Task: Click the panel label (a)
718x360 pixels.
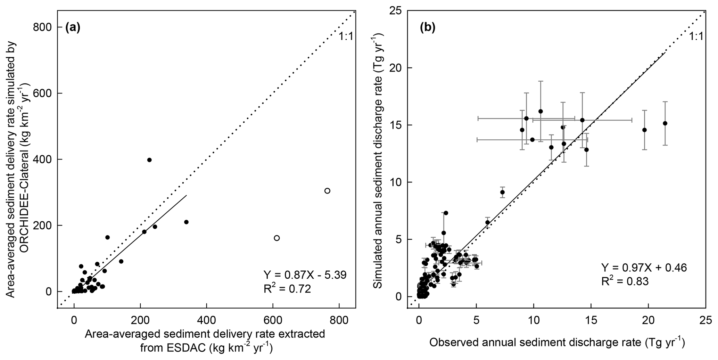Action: click(73, 28)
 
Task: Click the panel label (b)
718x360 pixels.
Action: click(428, 28)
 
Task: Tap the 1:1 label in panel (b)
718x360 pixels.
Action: click(696, 36)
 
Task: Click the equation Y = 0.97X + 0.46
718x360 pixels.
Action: click(644, 268)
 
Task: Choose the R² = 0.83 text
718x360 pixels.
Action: click(625, 281)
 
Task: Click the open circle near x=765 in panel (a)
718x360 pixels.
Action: click(327, 191)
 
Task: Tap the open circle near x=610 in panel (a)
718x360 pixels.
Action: click(277, 238)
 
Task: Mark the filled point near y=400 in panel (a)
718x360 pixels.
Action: click(149, 160)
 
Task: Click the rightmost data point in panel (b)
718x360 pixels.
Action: click(665, 123)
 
